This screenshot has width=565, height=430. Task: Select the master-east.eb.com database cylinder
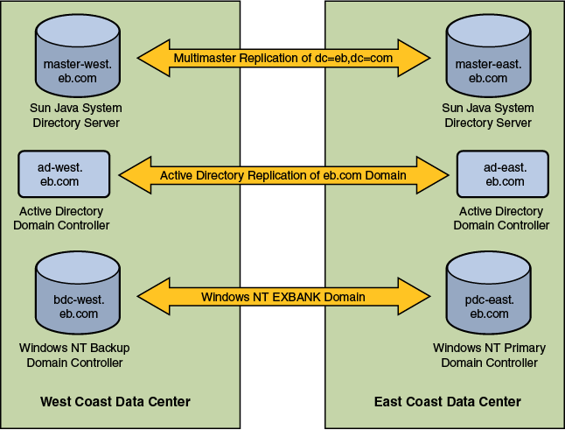click(488, 59)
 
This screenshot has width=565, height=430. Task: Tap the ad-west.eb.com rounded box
click(63, 174)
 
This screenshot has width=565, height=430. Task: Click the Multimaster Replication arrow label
click(283, 58)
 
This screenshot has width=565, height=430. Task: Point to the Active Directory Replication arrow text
click(283, 175)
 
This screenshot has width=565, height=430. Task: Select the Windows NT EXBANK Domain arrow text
click(283, 297)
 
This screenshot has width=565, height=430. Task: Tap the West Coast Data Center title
click(115, 402)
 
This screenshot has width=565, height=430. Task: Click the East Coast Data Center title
click(447, 402)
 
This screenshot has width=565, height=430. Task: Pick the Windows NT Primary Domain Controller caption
click(489, 356)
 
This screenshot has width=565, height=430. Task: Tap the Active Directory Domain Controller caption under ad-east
click(501, 218)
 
